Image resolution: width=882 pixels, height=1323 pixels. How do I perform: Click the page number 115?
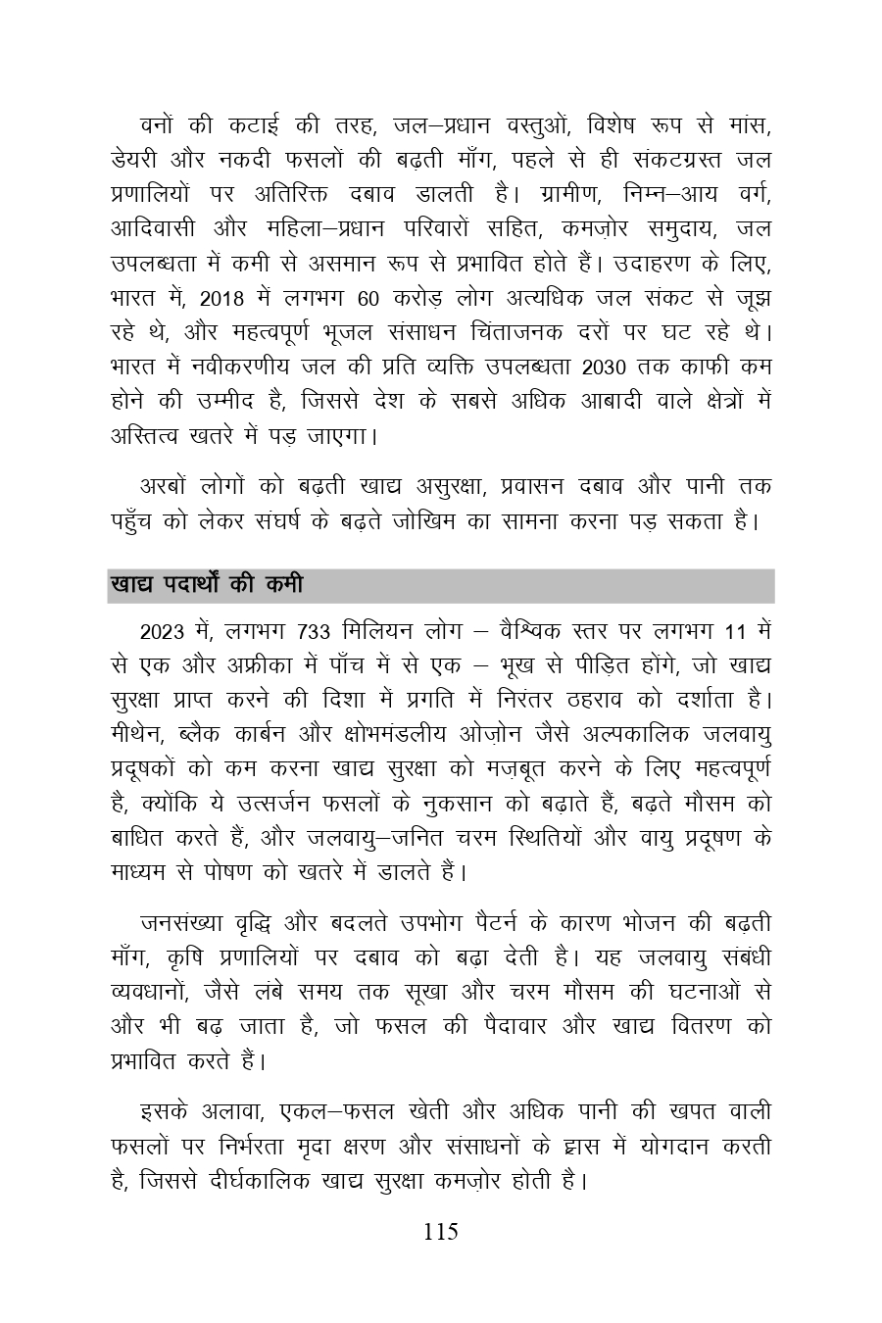click(x=441, y=1232)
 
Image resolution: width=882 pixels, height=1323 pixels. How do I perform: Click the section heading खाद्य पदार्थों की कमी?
click(x=206, y=586)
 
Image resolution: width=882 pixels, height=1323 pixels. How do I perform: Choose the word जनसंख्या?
click(x=181, y=924)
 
